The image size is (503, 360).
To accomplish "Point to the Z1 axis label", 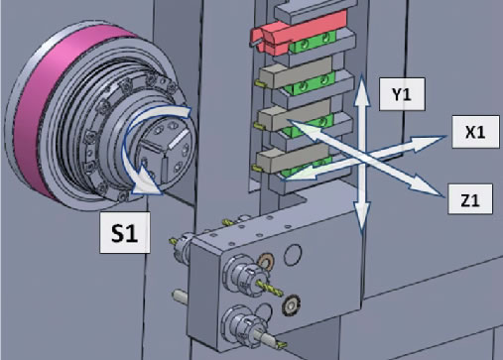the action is (x=470, y=200).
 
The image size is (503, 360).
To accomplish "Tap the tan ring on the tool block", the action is (x=264, y=262).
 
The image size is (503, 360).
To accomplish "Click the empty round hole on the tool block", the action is (x=295, y=256).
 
